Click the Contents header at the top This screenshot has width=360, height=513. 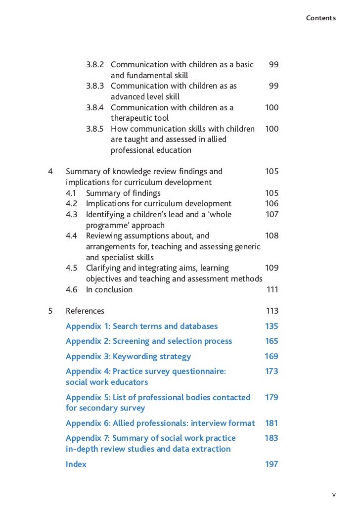tap(320, 18)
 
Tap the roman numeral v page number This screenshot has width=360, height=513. tap(334, 494)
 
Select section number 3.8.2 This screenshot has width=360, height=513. tap(94, 65)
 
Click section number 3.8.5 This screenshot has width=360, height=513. tap(94, 129)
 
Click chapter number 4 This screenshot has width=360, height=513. tap(50, 172)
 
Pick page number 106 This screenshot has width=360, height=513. tap(271, 204)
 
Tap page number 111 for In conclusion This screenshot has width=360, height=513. tap(272, 290)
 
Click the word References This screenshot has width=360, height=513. tap(85, 311)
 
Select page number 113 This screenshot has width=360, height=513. tap(272, 311)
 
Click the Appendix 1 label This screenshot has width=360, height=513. tap(88, 326)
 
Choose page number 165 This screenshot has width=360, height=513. tap(271, 341)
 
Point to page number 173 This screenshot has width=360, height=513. tap(271, 372)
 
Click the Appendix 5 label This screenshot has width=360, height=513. tap(88, 397)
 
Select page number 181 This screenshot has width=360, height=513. tap(271, 423)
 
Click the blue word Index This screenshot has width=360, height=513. tap(76, 465)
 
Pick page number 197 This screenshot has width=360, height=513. tap(271, 465)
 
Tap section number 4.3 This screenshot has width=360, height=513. tap(72, 215)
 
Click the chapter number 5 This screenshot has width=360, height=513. tap(50, 311)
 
